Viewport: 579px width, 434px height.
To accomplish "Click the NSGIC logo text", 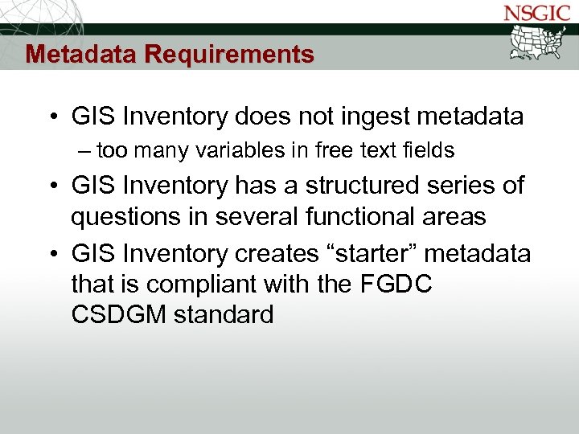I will pos(536,14).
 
